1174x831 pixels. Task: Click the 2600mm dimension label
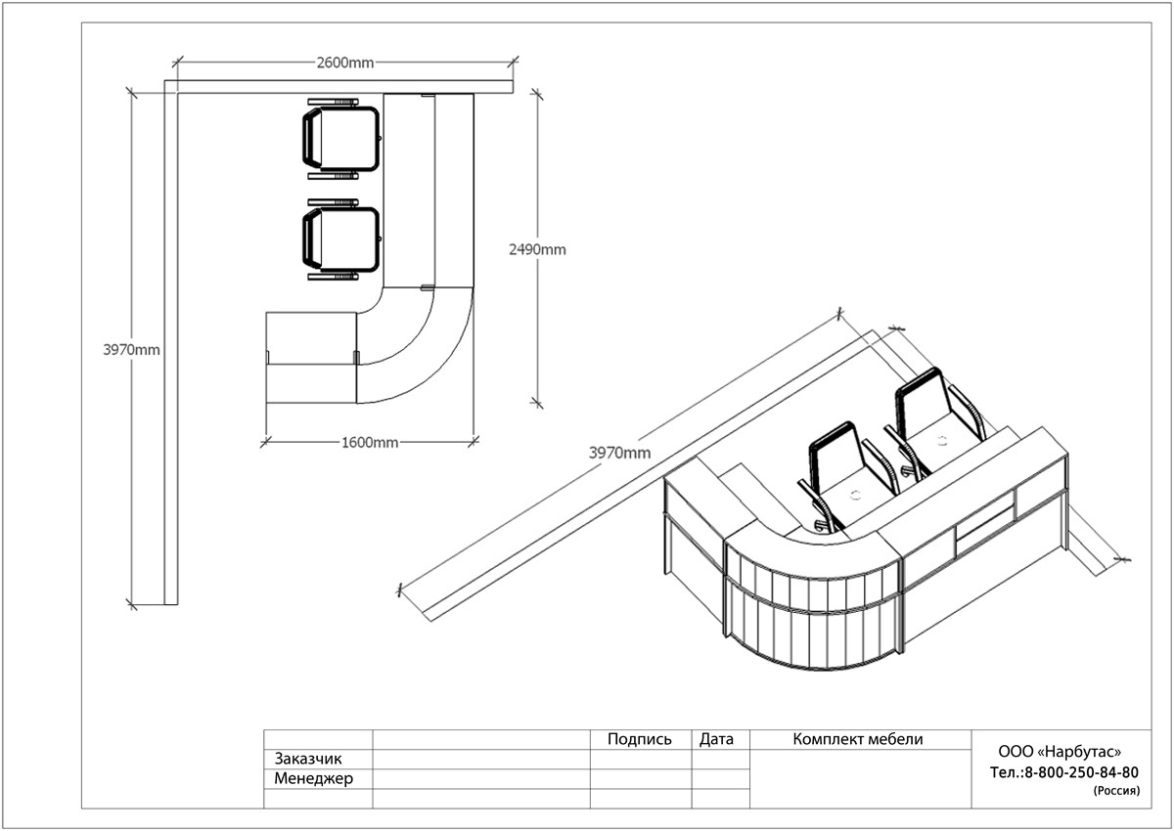tap(344, 63)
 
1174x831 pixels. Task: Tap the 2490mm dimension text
tap(537, 249)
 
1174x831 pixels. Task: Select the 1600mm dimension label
tap(370, 443)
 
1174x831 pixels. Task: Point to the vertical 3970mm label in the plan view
tap(131, 349)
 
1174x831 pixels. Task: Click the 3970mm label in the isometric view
tap(619, 453)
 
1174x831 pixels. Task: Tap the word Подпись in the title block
tap(640, 739)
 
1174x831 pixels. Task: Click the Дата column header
tap(716, 739)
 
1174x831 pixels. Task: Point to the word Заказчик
tap(307, 759)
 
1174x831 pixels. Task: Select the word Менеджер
tap(313, 778)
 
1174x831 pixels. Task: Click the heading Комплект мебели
tap(857, 739)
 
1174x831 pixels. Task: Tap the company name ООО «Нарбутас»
tap(1060, 752)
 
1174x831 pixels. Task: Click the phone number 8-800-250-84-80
tap(1081, 772)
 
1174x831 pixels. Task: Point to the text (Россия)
tap(1116, 791)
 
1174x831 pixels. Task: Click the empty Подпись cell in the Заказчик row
tap(641, 759)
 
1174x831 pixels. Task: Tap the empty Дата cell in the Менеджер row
tap(720, 778)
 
